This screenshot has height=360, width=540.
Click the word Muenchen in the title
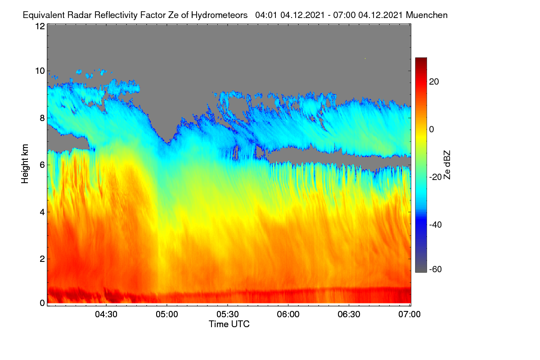427,15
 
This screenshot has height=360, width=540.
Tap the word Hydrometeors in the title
219,15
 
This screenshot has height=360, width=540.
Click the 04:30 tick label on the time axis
106,314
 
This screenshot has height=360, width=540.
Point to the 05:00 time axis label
167,314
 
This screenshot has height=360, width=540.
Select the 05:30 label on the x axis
228,314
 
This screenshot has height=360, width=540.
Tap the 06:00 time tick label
288,314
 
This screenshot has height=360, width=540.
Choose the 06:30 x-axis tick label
349,314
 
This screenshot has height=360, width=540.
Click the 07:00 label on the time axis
409,314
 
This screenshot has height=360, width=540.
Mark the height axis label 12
40,26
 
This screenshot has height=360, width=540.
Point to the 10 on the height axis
40,71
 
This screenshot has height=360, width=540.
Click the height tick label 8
42,118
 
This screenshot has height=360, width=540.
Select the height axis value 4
42,212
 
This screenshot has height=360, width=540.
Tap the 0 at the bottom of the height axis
42,303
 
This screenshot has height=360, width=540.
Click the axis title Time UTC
229,324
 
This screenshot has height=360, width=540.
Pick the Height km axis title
25,164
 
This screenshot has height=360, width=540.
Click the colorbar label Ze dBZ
447,165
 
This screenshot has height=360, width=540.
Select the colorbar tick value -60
436,269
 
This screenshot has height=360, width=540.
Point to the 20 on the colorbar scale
434,82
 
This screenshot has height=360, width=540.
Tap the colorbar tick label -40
436,225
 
